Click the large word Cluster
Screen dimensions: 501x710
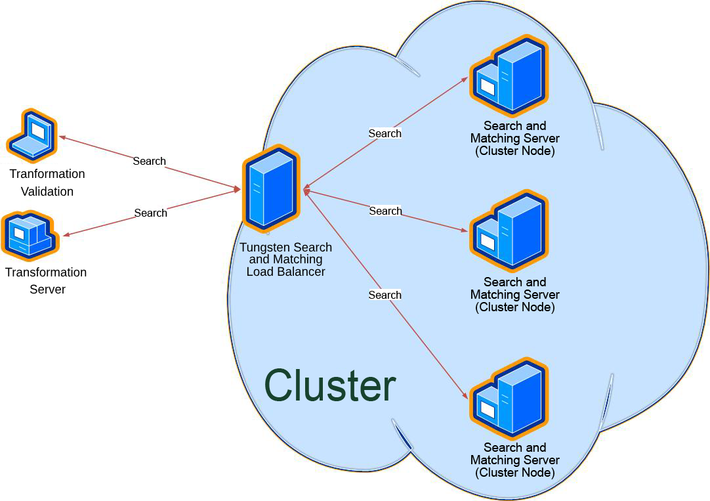(330, 385)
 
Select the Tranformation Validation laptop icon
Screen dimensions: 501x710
(32, 136)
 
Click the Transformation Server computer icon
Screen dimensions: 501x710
(30, 235)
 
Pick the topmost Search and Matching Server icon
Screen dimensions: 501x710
(509, 76)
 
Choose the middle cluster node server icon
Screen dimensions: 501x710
(509, 231)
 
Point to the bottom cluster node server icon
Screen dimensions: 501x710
(509, 399)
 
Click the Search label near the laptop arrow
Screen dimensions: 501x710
(149, 161)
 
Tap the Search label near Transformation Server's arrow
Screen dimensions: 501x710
(150, 213)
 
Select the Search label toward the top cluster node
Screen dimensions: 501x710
(385, 133)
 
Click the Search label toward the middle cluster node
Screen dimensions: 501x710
(385, 211)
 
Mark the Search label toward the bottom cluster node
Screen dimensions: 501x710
(385, 295)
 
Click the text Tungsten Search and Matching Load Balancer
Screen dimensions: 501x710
(285, 259)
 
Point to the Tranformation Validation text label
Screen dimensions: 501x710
(47, 183)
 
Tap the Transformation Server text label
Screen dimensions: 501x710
(46, 280)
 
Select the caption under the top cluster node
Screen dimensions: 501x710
(514, 138)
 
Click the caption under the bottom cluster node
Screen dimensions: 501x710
(514, 460)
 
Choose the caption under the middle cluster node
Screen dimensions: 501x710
(514, 294)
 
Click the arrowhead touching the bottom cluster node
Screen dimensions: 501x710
(465, 395)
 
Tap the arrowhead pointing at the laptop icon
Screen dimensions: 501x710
(62, 137)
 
